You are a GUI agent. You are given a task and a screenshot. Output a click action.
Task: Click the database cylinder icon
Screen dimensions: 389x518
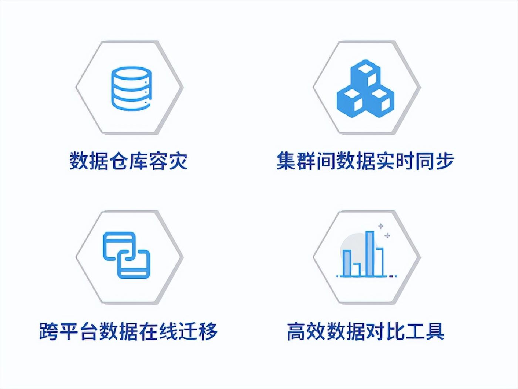[131, 88]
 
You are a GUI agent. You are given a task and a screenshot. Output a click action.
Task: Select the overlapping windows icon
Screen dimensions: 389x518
[127, 255]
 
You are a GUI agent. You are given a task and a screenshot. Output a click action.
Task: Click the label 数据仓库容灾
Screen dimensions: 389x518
[128, 161]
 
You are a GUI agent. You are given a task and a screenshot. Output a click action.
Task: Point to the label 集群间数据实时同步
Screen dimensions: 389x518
[365, 161]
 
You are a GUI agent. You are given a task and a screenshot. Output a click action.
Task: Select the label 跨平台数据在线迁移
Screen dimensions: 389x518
[128, 331]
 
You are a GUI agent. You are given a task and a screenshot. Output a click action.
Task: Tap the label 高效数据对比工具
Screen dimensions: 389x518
[365, 331]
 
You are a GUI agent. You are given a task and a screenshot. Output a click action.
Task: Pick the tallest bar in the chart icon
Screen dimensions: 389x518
[370, 254]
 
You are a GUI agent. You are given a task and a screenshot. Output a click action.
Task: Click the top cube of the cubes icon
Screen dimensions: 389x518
[365, 73]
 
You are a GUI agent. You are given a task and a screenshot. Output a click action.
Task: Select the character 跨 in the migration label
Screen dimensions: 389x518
[49, 331]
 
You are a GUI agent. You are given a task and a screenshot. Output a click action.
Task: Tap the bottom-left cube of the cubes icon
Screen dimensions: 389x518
[350, 99]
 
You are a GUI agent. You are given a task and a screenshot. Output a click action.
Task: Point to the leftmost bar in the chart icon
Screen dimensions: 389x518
[347, 263]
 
